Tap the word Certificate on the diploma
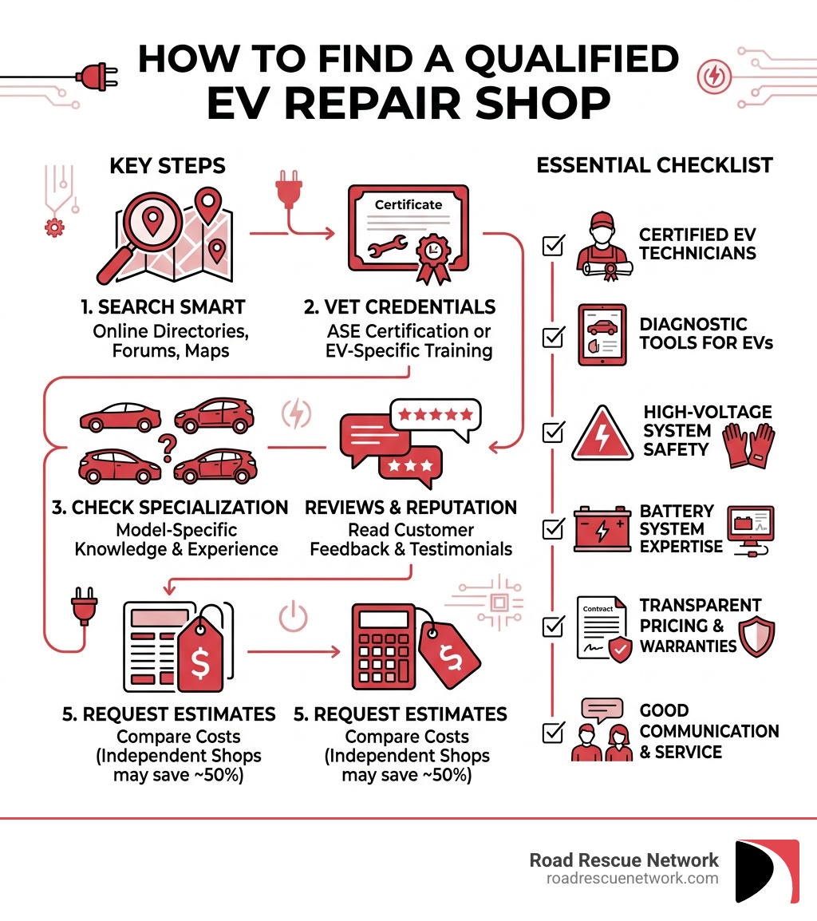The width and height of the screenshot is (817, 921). (408, 204)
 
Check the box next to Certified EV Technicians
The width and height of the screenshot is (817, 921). (552, 245)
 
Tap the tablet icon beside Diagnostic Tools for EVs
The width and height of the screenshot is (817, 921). (602, 334)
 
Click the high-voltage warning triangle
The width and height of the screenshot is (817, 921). (603, 432)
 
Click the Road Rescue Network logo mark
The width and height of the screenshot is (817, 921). (767, 870)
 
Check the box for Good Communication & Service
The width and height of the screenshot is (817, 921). (552, 731)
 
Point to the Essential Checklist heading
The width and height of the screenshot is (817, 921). (654, 165)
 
